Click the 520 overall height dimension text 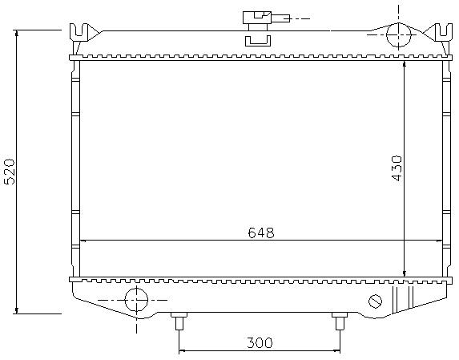click(x=10, y=172)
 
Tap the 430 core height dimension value click(x=397, y=168)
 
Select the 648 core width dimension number click(x=261, y=233)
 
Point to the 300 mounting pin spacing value click(x=260, y=342)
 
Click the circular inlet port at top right click(x=398, y=34)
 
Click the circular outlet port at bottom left click(x=136, y=300)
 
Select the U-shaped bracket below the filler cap click(x=258, y=41)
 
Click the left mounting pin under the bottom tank click(x=179, y=321)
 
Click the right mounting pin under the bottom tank click(x=340, y=321)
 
